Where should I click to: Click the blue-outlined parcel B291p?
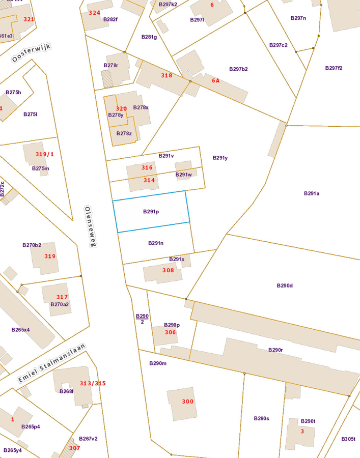pos(151,211)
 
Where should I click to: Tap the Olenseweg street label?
pos(90,226)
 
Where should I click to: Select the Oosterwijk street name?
pos(31,52)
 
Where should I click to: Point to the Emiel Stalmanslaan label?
pos(51,363)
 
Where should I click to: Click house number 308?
pos(168,270)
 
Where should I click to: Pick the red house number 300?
pos(187,402)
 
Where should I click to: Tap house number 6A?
pos(215,80)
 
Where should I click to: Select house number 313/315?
pos(93,383)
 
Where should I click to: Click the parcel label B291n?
pos(156,243)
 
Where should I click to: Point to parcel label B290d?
pos(285,285)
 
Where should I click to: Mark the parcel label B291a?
pos(311,193)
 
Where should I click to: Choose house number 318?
pos(167,75)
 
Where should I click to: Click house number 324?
pos(94,12)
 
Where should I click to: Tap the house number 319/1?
pos(44,154)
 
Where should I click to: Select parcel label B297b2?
pos(238,69)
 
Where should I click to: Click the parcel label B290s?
pos(261,418)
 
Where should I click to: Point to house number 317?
pos(62,297)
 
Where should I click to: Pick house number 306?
pos(170,332)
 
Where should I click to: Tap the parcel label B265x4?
pos(20,330)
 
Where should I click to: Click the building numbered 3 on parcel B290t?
pos(301,432)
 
